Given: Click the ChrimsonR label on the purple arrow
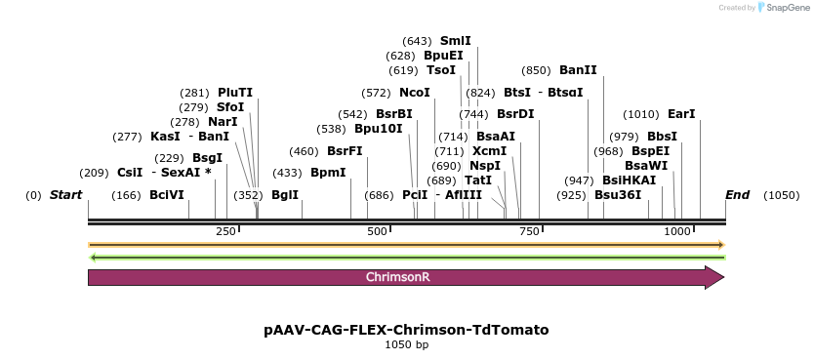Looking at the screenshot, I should tap(398, 277).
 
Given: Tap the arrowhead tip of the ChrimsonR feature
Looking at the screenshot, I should tap(722, 277).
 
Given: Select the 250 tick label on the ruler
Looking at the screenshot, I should tap(225, 230).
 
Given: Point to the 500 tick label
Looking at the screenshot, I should tap(377, 230).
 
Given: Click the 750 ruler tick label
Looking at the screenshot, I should tap(529, 230).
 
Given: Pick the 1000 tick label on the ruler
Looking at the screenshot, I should tap(677, 230).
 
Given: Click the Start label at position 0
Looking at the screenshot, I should tap(65, 195).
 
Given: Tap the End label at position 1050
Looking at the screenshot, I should tap(737, 195).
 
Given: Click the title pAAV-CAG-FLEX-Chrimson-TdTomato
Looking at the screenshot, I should tap(406, 330).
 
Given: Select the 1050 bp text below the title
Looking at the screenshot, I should tap(406, 344).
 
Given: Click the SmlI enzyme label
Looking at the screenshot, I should tap(455, 41).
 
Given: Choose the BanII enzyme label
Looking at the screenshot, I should tap(578, 70).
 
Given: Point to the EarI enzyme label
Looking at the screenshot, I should tap(681, 114).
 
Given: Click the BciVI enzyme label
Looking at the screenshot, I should tap(167, 195).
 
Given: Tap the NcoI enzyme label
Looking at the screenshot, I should tap(415, 93).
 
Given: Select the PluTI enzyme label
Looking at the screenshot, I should tap(235, 93).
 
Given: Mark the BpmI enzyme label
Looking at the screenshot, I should tap(328, 173).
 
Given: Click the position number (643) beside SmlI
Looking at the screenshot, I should tap(417, 41).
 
